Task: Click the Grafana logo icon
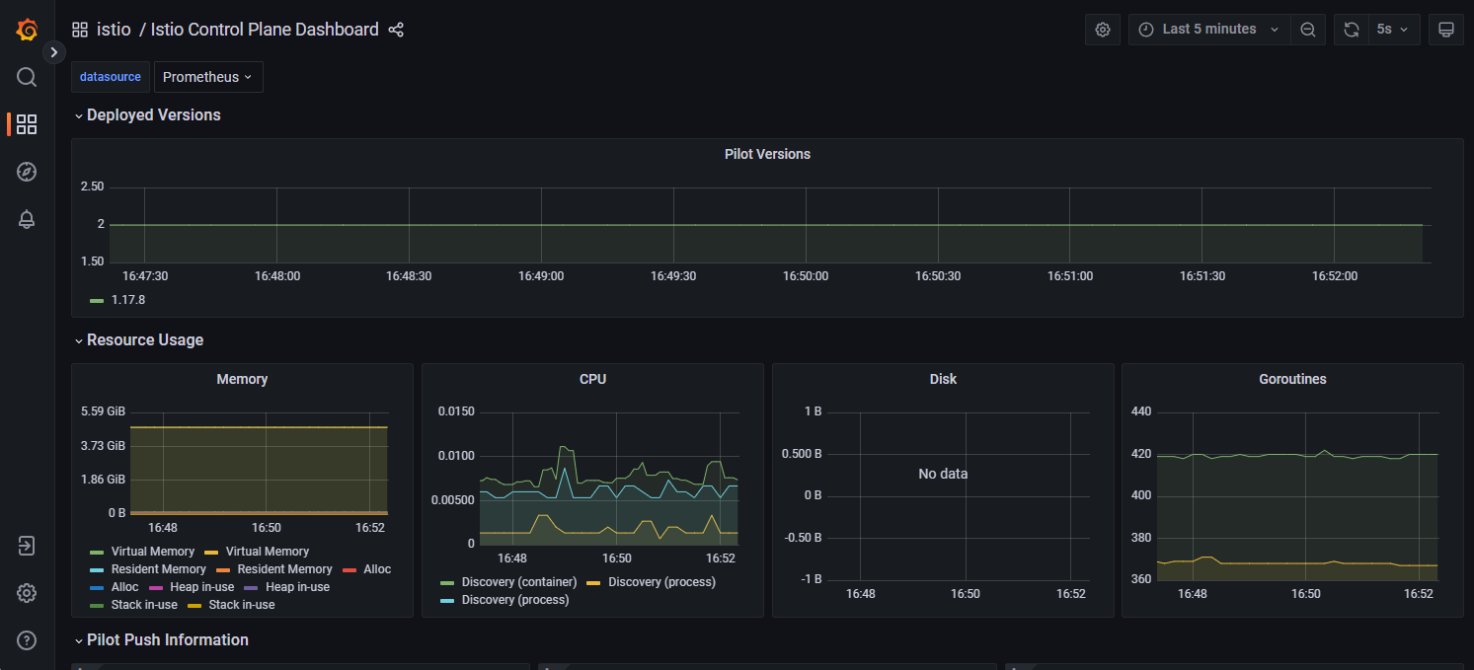point(27,30)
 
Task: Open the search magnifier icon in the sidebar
point(27,77)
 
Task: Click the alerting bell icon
point(27,219)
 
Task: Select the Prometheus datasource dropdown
point(208,77)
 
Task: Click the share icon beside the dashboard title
point(396,30)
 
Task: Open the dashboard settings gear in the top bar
point(1103,30)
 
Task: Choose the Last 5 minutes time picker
point(1209,30)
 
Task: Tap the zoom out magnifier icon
point(1308,30)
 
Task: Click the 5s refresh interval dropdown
point(1393,30)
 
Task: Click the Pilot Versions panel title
point(767,154)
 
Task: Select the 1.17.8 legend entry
point(127,299)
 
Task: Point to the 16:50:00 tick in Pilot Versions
point(806,276)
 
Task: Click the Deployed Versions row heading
point(153,115)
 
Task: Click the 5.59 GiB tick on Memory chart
point(104,411)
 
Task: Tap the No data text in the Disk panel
point(943,474)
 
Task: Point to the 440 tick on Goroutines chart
point(1141,411)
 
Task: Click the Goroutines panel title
point(1292,379)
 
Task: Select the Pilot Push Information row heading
point(167,640)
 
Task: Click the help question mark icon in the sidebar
point(27,640)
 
